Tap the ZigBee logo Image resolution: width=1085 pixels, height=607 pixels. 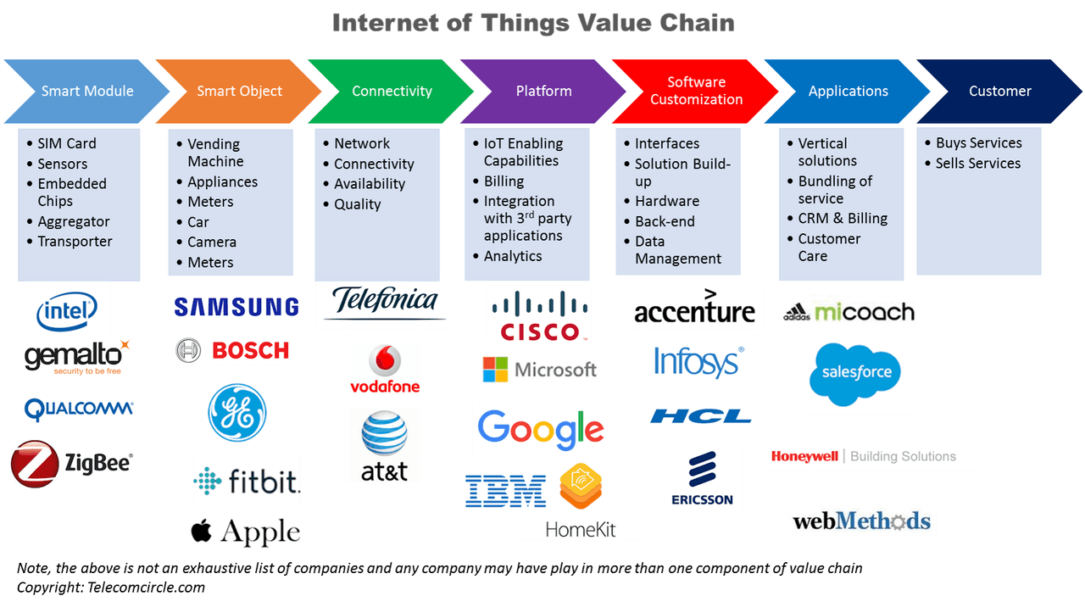pyautogui.click(x=71, y=464)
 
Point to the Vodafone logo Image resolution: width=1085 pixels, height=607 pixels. pyautogui.click(x=384, y=370)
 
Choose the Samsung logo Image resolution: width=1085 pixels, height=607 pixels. pyautogui.click(x=236, y=306)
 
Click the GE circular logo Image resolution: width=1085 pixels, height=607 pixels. pyautogui.click(x=238, y=411)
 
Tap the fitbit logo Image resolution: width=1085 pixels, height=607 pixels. pyautogui.click(x=247, y=482)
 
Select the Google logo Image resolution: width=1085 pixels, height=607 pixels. pyautogui.click(x=540, y=429)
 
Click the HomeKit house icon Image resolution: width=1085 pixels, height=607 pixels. pyautogui.click(x=580, y=488)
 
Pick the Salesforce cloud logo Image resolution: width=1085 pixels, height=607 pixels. pyautogui.click(x=856, y=372)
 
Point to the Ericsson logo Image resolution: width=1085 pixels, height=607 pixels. pyautogui.click(x=702, y=477)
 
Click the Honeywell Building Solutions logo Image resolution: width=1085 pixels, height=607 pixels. pyautogui.click(x=871, y=455)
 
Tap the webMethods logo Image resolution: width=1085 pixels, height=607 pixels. pyautogui.click(x=861, y=521)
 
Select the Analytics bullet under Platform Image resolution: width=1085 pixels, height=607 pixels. pyautogui.click(x=512, y=256)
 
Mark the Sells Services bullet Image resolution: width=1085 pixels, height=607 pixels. pyautogui.click(x=977, y=164)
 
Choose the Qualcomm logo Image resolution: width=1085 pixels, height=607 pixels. pyautogui.click(x=79, y=409)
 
